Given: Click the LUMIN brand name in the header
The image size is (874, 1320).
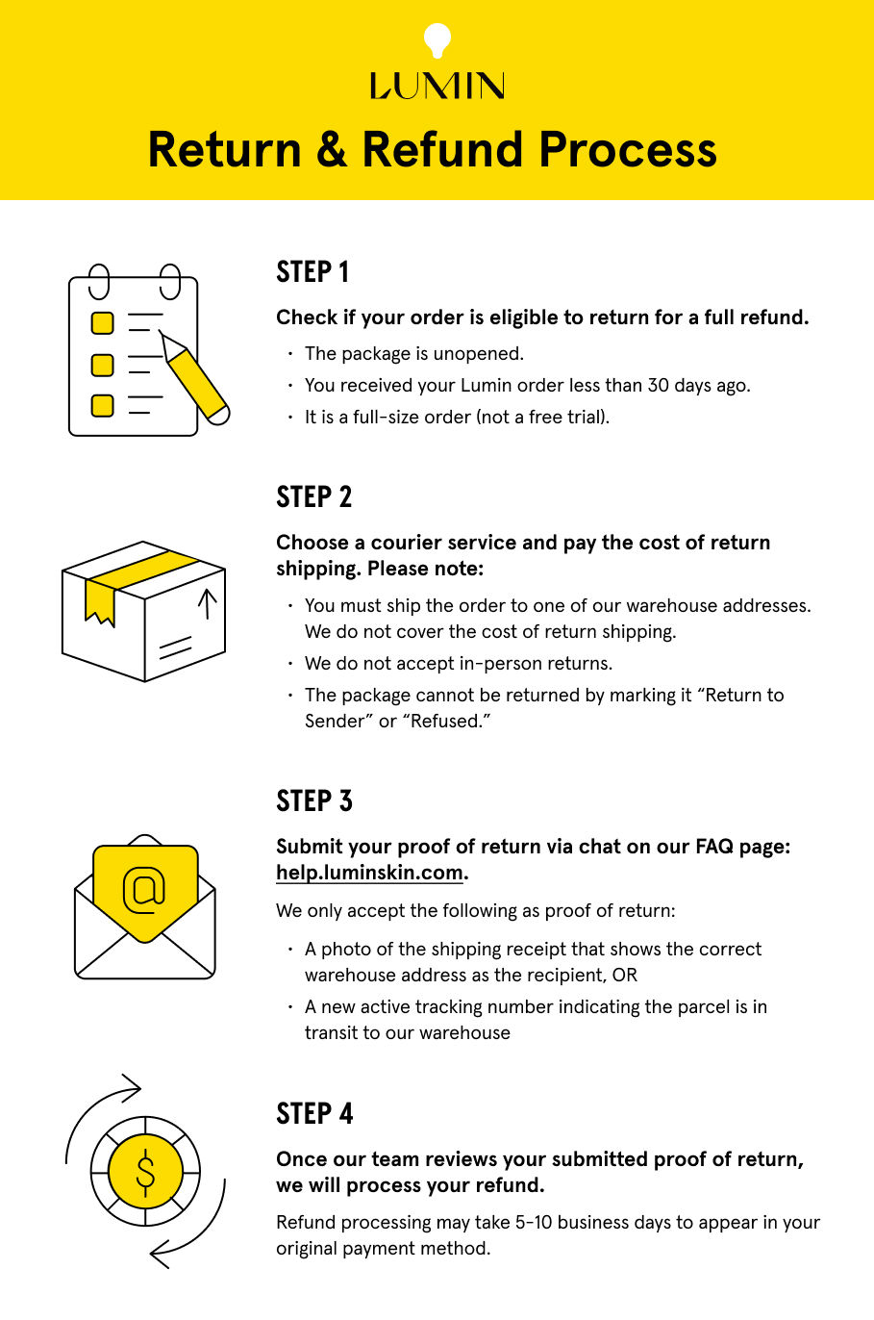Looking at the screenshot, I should [x=437, y=87].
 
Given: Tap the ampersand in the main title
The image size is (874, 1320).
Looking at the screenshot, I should [x=332, y=151].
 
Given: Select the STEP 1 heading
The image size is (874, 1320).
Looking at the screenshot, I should [x=312, y=272].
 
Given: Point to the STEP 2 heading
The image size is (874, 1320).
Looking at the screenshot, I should [x=313, y=497].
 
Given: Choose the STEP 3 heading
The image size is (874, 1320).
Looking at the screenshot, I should [x=313, y=801].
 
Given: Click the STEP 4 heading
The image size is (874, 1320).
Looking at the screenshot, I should [x=314, y=1114].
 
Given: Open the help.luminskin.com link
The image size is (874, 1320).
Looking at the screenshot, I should [x=369, y=873].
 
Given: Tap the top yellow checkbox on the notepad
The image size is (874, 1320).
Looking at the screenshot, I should [x=102, y=323].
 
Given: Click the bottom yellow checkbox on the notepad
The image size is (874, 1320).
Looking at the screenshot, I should [x=102, y=405].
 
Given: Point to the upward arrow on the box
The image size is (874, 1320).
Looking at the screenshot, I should [x=207, y=604].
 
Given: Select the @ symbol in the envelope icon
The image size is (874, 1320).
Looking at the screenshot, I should [x=144, y=890].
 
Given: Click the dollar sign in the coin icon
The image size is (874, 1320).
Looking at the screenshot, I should [x=145, y=1172].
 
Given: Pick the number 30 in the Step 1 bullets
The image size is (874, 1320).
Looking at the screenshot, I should [x=659, y=386].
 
